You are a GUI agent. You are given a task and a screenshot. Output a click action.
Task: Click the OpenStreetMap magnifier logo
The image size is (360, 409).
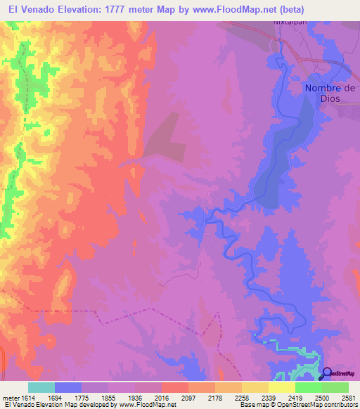(x=326, y=373)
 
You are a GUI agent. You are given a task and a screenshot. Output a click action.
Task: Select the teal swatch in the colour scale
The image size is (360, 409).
(x=41, y=387)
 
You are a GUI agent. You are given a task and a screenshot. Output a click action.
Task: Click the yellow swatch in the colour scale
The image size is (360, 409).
(x=282, y=387)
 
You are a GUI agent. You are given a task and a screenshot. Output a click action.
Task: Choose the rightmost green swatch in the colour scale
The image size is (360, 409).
(x=335, y=387)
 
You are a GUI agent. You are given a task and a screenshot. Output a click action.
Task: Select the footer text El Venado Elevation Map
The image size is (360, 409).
(x=42, y=405)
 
